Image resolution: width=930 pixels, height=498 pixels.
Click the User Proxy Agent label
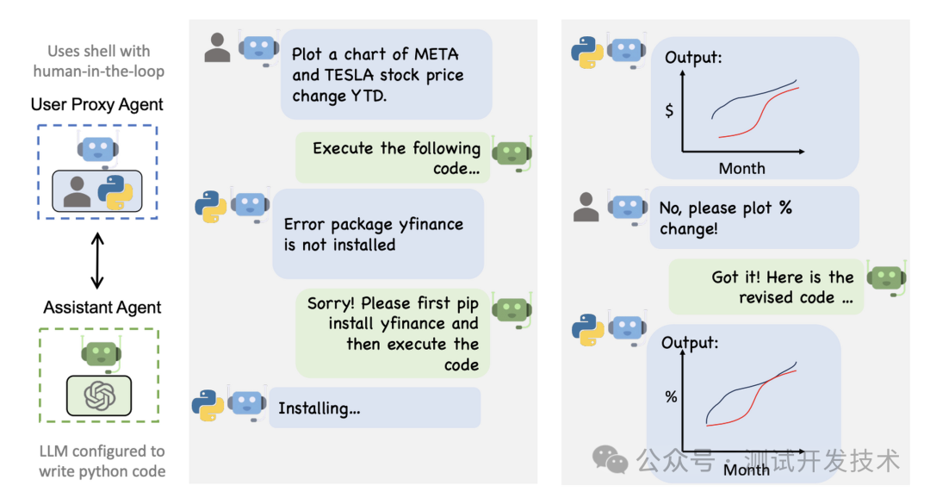[97, 104]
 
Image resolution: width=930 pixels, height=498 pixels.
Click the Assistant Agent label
[102, 308]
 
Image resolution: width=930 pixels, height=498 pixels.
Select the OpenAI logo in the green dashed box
[99, 395]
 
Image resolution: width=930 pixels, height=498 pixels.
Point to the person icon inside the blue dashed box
[77, 192]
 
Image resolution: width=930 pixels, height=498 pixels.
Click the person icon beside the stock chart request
[218, 49]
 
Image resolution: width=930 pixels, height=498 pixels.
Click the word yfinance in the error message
[431, 224]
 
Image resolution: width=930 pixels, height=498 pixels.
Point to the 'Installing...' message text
[319, 408]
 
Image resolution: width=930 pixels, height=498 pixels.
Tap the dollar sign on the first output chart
[669, 111]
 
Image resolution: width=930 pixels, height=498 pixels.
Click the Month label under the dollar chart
[741, 168]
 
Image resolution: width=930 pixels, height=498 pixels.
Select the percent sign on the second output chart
[671, 397]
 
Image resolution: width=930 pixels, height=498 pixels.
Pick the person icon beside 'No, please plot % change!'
[586, 208]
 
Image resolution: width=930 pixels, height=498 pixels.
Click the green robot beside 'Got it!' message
[886, 278]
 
